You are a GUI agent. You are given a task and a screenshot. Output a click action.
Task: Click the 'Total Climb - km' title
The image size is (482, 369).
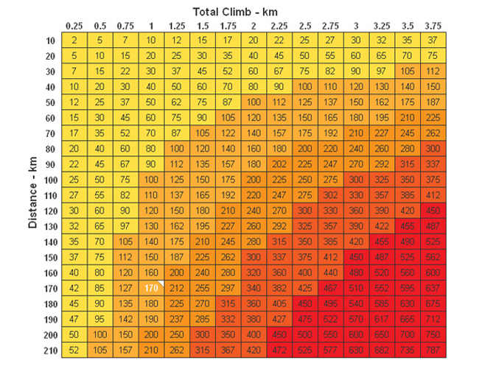(240, 12)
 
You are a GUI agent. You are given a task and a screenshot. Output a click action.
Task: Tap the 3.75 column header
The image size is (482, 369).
(433, 26)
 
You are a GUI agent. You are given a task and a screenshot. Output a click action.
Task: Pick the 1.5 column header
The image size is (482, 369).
(203, 26)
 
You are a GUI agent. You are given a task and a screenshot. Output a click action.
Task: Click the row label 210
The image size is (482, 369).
(51, 350)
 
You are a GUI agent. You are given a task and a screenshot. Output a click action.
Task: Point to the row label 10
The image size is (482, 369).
(51, 40)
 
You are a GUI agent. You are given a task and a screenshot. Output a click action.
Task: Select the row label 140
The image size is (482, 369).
(51, 241)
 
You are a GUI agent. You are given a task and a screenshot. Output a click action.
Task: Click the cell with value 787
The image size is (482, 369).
(433, 350)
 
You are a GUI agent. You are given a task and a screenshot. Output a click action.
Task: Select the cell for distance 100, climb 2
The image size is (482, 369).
(254, 179)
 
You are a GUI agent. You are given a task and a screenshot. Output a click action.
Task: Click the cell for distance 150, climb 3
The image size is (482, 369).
(356, 257)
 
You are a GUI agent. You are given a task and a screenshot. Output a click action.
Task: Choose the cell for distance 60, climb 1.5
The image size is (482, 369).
(203, 117)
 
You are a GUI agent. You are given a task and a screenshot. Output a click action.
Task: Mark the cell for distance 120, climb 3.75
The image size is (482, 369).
(433, 210)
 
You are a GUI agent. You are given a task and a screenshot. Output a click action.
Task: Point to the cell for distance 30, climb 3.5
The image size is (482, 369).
(408, 71)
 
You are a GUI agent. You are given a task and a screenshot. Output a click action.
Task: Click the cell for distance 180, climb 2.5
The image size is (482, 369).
(305, 303)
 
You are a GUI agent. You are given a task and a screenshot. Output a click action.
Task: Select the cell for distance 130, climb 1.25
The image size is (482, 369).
(177, 225)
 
